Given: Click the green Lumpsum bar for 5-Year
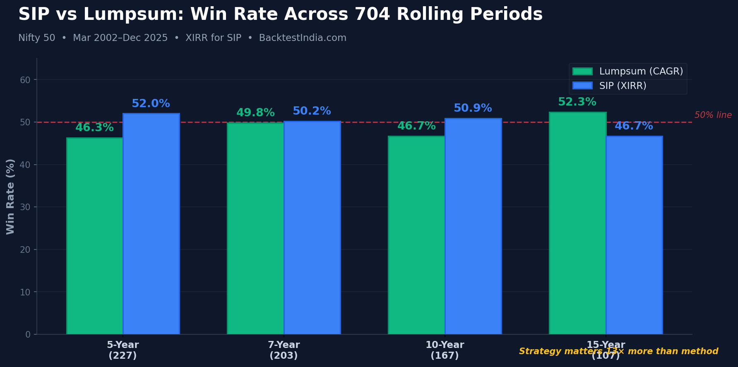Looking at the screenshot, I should (x=95, y=236).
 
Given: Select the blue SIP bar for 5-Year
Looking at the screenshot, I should (x=151, y=224).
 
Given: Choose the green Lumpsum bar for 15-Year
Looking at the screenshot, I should (x=577, y=223).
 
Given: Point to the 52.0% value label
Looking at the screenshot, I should (x=151, y=104).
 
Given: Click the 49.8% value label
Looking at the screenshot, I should (x=255, y=113).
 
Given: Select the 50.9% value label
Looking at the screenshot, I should (x=473, y=108).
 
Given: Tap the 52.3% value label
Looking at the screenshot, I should (x=577, y=102).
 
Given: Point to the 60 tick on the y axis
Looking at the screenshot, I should (x=25, y=80).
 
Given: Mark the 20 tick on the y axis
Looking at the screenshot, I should (x=25, y=250).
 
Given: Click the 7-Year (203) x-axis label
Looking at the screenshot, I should (x=284, y=350).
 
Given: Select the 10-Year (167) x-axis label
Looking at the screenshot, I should (x=445, y=350).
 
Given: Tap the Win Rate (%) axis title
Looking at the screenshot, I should (x=11, y=196).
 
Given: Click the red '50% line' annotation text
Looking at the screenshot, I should (x=713, y=115).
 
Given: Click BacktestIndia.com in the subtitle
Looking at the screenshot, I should (x=303, y=38).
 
